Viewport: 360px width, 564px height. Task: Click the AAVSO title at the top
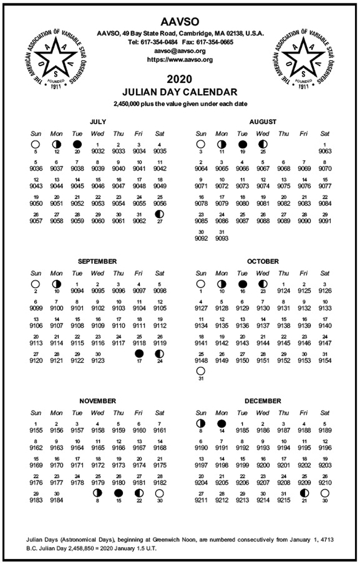pos(179,21)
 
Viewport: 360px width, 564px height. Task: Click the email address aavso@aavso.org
pos(179,50)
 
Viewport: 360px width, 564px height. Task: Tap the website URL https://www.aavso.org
pos(179,59)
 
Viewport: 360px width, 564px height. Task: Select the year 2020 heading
pos(179,79)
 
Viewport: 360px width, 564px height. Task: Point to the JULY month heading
pos(98,121)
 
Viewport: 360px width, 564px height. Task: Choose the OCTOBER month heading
pos(262,261)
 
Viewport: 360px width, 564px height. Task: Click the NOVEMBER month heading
pos(98,401)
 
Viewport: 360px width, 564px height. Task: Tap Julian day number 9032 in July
pos(98,151)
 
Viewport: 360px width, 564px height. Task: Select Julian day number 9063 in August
pos(325,151)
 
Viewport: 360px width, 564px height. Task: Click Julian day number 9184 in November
pos(56,499)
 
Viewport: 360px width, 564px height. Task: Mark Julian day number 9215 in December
pos(283,499)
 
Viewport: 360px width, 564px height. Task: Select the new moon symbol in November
pos(118,493)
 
